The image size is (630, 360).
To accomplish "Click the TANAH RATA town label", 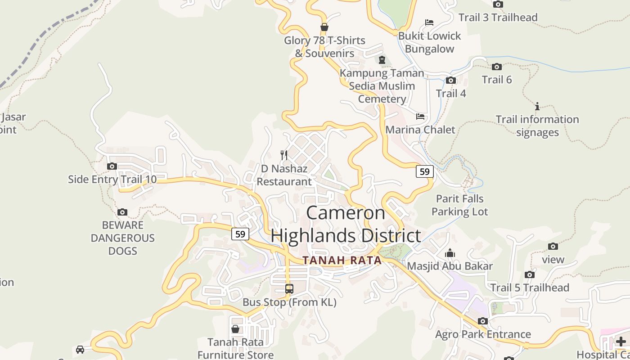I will (342, 261).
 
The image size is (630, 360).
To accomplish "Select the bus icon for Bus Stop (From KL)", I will (289, 289).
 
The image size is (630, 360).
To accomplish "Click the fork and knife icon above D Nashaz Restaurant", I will (284, 155).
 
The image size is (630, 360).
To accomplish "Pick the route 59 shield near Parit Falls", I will (424, 171).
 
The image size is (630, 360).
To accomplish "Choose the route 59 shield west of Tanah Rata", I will (240, 234).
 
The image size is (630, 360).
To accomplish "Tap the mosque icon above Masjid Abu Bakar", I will (450, 253).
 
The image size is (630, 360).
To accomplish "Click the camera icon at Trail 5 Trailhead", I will (530, 274).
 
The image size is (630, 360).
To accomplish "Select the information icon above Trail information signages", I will (537, 107).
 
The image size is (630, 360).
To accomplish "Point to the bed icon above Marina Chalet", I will (420, 117).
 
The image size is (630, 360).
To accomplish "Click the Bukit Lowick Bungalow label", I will (430, 42).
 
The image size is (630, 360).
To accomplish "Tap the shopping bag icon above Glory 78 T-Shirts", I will (324, 27).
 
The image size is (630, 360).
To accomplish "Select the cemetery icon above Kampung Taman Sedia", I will (382, 60).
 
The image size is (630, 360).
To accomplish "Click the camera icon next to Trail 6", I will (497, 67).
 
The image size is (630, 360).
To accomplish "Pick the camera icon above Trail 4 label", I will (450, 81).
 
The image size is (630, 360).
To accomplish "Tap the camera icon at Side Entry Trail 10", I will (112, 166).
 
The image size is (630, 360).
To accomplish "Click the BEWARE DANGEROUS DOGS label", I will (122, 238).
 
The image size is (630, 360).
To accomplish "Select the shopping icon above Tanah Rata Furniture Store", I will (235, 329).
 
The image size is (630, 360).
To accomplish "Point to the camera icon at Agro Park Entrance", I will (483, 321).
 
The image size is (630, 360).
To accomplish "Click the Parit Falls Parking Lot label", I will (459, 205).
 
